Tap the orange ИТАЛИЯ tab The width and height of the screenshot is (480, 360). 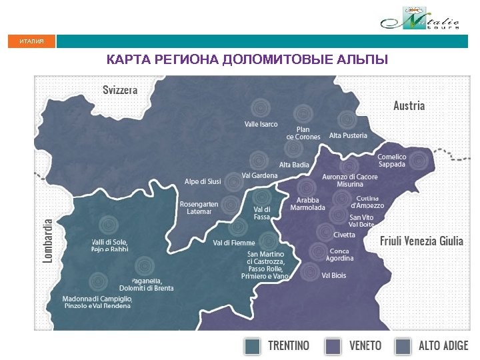[x=31, y=42]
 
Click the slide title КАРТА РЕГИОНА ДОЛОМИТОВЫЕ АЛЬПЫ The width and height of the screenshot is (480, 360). [x=247, y=61]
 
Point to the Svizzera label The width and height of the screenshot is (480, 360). [x=120, y=89]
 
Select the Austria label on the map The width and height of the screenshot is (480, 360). [x=409, y=105]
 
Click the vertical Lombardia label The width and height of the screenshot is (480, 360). [x=48, y=240]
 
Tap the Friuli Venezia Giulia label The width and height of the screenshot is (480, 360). [x=421, y=241]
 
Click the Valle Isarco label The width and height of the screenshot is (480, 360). [x=261, y=125]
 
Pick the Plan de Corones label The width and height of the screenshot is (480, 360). [x=303, y=133]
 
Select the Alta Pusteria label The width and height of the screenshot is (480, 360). [x=348, y=135]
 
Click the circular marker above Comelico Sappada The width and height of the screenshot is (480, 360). [x=418, y=159]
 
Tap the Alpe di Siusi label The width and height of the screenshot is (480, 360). [x=203, y=181]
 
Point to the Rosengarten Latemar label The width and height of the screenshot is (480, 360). [x=195, y=207]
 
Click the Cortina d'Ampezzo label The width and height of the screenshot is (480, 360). [x=367, y=202]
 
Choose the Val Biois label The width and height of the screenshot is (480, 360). [x=333, y=275]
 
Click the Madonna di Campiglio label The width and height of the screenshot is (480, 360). [x=97, y=302]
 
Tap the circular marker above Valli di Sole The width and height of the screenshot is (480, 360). [x=107, y=225]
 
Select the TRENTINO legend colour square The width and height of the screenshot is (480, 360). [x=252, y=347]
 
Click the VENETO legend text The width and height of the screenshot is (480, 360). [x=365, y=346]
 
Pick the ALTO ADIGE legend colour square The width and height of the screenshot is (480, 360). [x=402, y=347]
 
